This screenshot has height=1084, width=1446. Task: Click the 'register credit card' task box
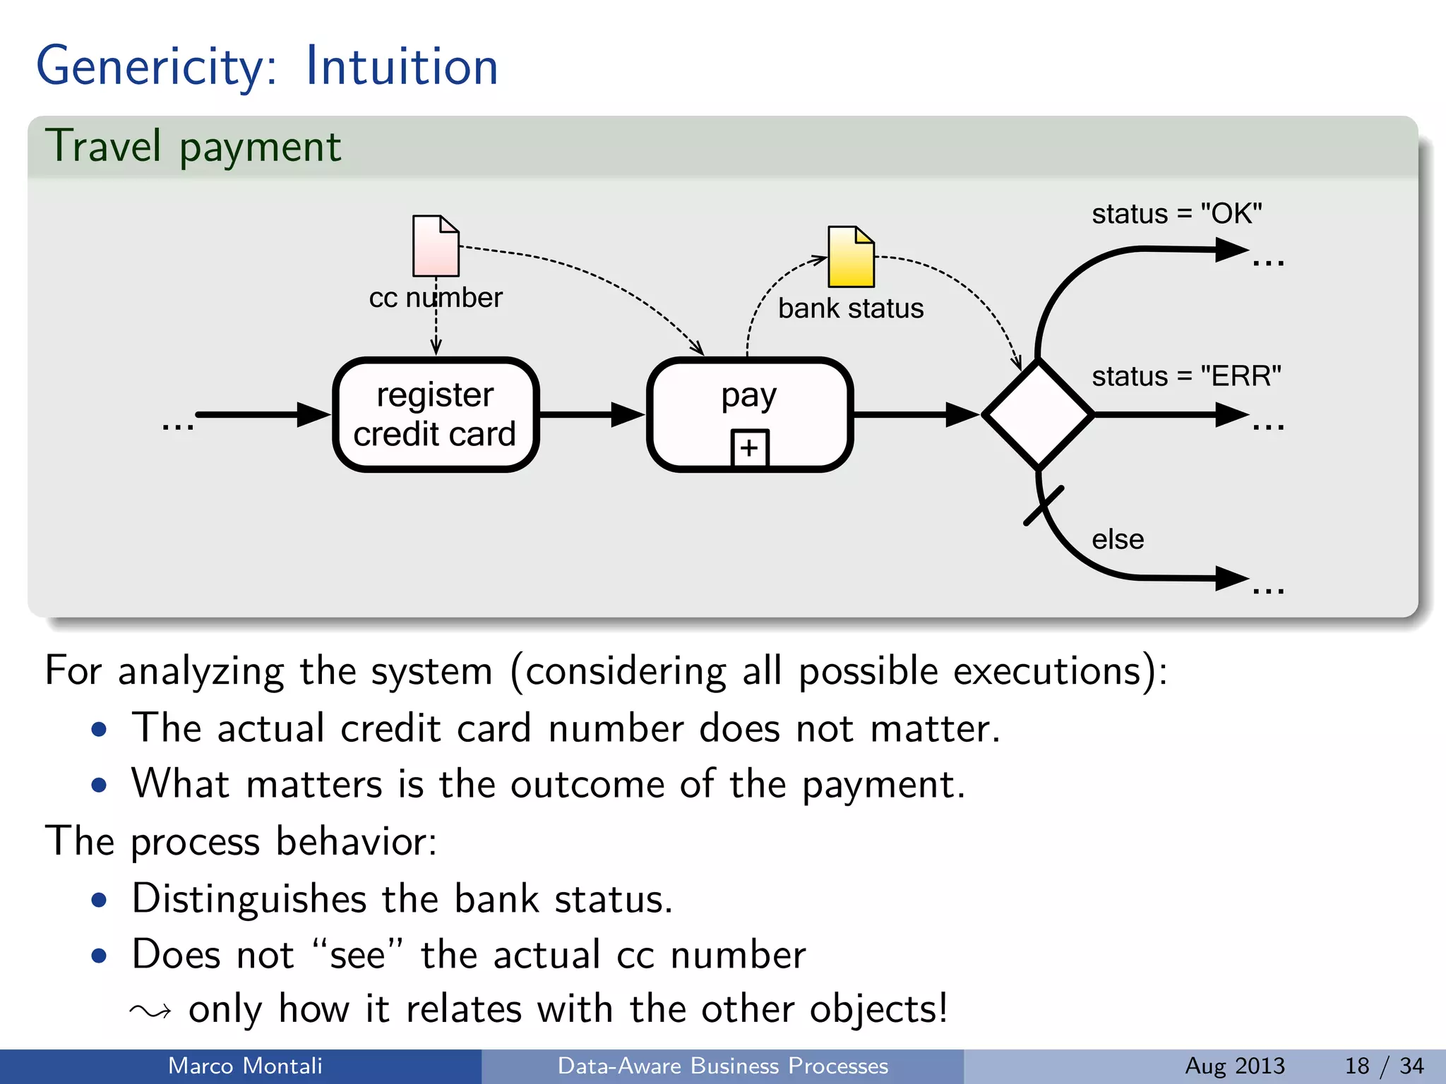[x=436, y=414]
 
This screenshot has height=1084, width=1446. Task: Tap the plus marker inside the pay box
[x=749, y=448]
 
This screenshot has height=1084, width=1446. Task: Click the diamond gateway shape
[x=1037, y=415]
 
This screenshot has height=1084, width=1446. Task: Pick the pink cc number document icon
[x=436, y=246]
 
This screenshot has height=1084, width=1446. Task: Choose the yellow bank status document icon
[x=851, y=257]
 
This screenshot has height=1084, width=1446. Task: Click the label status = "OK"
[x=1176, y=214]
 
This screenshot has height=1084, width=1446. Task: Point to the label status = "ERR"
[x=1186, y=376]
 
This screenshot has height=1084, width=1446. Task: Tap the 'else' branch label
[x=1117, y=539]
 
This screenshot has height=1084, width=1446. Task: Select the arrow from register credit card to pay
[x=592, y=415]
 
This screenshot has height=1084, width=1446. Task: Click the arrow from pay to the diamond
[x=915, y=415]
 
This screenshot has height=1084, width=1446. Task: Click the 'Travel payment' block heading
[x=193, y=147]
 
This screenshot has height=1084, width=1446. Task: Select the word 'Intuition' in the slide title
[x=402, y=66]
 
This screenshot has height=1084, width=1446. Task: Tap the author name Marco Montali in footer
[x=245, y=1066]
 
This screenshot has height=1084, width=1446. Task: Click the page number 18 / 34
[x=1384, y=1066]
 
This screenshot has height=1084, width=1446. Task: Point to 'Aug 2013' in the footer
[x=1234, y=1066]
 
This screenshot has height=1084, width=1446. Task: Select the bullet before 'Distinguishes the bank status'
[x=100, y=900]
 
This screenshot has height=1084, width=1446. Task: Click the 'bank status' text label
[x=850, y=308]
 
